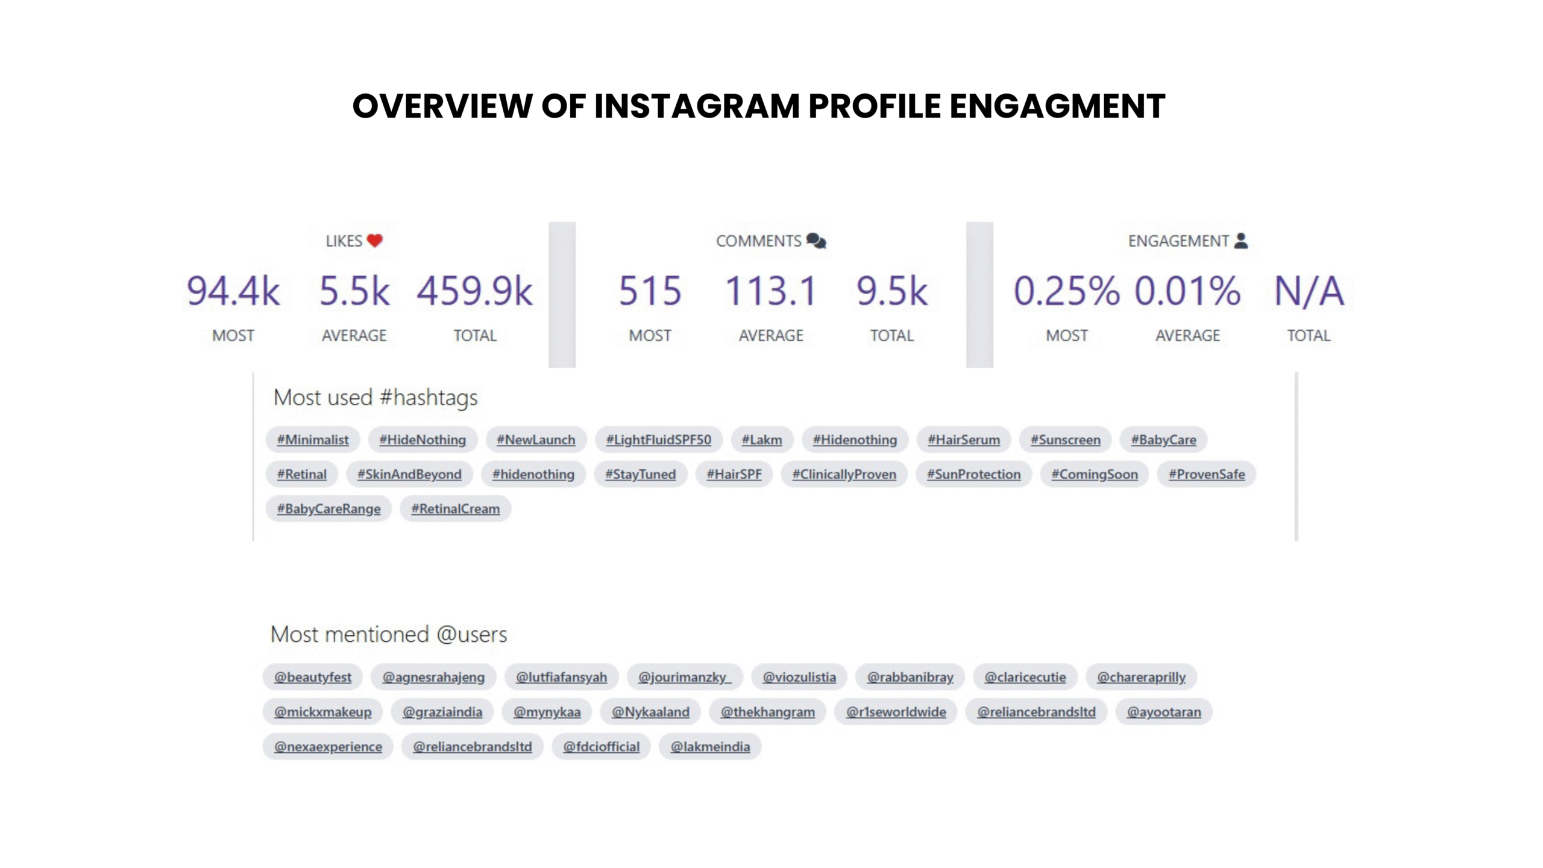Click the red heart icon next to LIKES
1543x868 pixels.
(x=374, y=241)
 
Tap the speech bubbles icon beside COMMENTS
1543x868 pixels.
(x=816, y=241)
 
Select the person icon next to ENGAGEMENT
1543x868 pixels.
(x=1240, y=241)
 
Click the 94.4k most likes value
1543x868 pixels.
(x=233, y=291)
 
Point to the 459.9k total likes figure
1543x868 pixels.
(x=475, y=291)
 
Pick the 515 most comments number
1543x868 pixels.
(x=650, y=291)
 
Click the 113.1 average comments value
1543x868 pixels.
(x=771, y=291)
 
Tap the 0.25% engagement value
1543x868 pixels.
(x=1066, y=291)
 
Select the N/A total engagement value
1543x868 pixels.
(x=1309, y=291)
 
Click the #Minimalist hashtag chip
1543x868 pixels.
(x=312, y=440)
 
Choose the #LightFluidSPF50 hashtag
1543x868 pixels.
(x=658, y=440)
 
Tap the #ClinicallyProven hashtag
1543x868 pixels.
(x=844, y=474)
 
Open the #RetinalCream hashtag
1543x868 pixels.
(x=455, y=509)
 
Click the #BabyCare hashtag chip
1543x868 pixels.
(x=1163, y=440)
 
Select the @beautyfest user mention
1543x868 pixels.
(x=312, y=677)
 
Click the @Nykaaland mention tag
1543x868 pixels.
(x=650, y=712)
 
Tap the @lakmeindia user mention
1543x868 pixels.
(x=710, y=747)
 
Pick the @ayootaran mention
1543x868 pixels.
(x=1164, y=712)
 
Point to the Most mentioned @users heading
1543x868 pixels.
(x=388, y=634)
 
